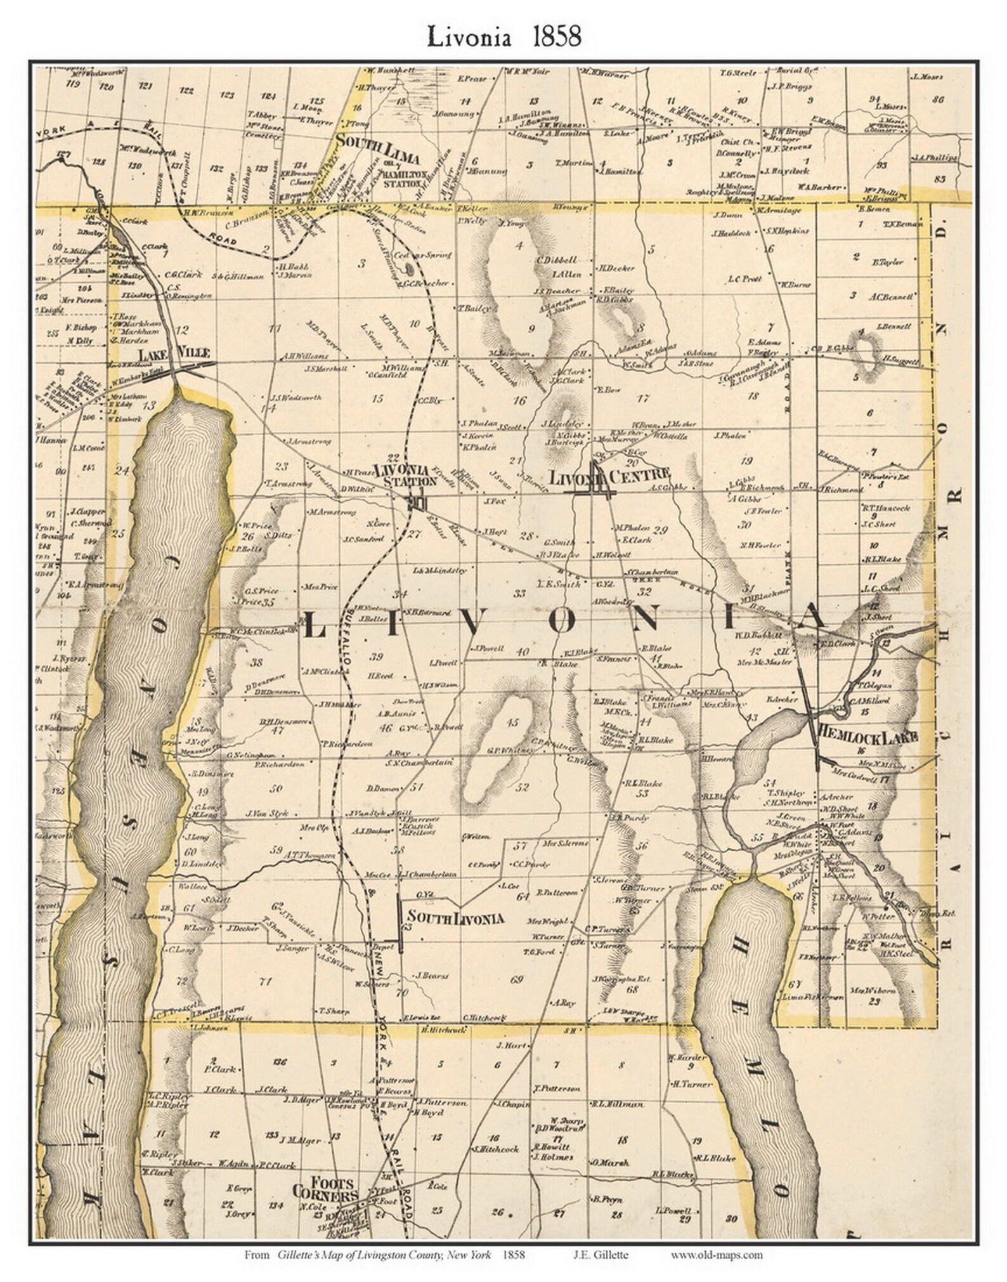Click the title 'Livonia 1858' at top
(x=504, y=37)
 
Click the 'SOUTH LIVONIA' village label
(x=455, y=918)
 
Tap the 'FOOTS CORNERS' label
(x=325, y=1189)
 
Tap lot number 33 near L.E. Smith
(x=520, y=594)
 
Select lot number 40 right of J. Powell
(x=523, y=652)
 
